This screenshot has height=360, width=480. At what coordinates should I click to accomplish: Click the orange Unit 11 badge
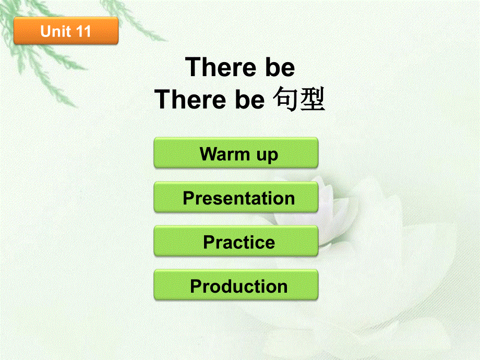click(x=66, y=31)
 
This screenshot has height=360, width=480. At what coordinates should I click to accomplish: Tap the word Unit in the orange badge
click(x=55, y=31)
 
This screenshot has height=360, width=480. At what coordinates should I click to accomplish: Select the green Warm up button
click(x=236, y=153)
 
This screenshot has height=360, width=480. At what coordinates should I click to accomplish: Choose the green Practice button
click(x=236, y=241)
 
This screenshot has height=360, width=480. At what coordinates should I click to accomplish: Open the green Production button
click(x=236, y=285)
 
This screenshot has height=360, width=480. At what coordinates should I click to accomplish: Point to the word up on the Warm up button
click(x=267, y=155)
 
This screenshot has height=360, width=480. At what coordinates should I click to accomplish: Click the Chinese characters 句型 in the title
click(x=299, y=100)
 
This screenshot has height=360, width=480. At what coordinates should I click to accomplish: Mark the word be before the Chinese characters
click(x=249, y=100)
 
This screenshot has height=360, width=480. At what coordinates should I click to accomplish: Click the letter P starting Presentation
click(x=188, y=198)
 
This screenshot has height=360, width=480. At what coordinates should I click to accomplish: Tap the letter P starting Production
click(x=196, y=286)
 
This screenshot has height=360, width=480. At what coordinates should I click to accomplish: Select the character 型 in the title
click(x=313, y=100)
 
